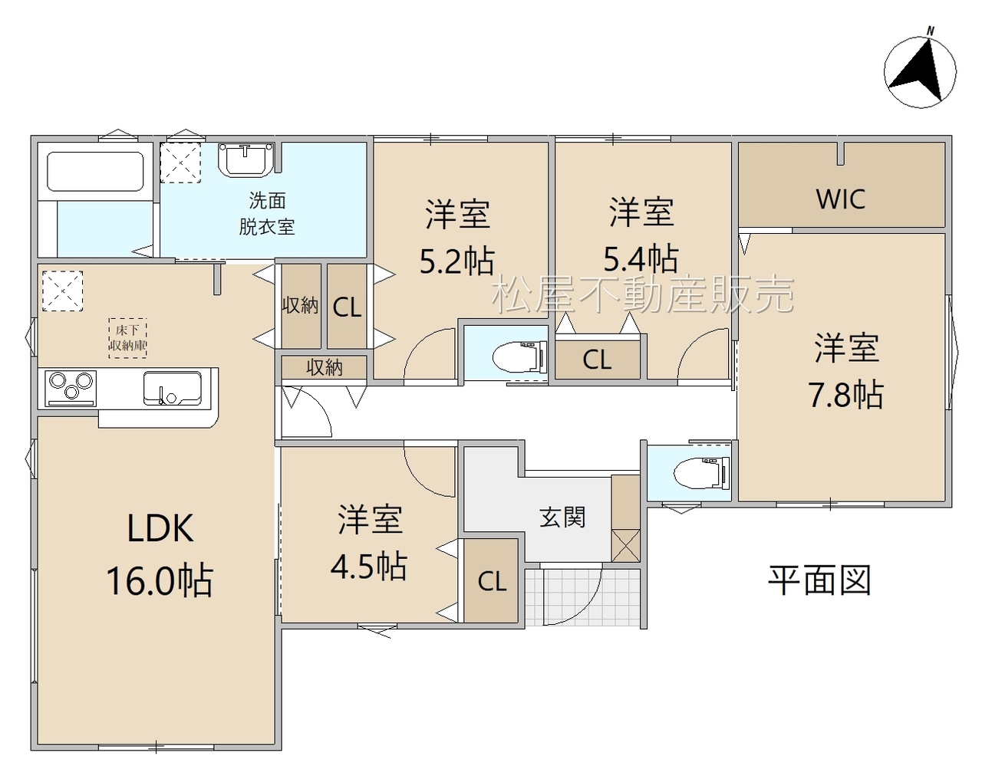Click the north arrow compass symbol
(920, 71)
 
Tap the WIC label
(841, 199)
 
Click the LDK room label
(160, 528)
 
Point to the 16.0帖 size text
(160, 580)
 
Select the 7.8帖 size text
(845, 395)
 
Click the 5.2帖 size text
(456, 261)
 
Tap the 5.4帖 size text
(641, 258)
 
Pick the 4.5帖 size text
(369, 567)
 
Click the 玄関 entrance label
(562, 517)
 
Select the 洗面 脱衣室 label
(267, 213)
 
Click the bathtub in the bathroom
(95, 171)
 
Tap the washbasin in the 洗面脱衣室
(245, 159)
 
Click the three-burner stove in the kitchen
(71, 388)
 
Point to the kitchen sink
(172, 389)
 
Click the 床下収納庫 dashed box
(127, 338)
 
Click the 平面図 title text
(819, 580)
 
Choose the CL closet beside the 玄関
(491, 580)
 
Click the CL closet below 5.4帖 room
(598, 360)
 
